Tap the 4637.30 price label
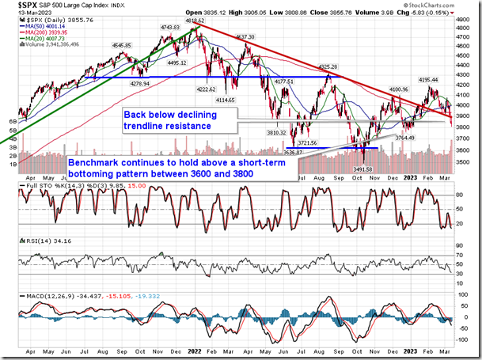[x=244, y=37]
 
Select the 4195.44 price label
[x=428, y=79]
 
